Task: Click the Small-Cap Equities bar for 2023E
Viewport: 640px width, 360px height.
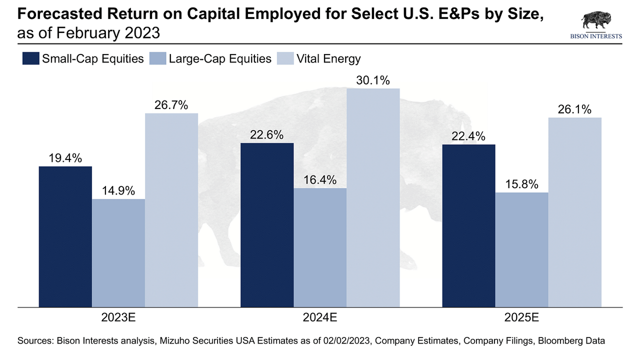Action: (65, 236)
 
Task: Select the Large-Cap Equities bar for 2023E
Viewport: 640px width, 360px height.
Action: (118, 252)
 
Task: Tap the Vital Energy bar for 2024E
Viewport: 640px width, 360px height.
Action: (373, 197)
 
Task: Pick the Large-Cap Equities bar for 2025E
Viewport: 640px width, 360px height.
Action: (521, 249)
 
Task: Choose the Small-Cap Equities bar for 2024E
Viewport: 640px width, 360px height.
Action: (267, 224)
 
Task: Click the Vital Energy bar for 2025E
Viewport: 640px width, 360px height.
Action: (574, 212)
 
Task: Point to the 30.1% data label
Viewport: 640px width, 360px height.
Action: (373, 80)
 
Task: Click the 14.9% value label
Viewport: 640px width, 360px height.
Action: (118, 190)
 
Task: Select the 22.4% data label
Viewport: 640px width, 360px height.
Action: (468, 136)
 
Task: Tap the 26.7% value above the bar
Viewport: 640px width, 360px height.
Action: (171, 105)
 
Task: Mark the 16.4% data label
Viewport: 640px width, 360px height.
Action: (320, 179)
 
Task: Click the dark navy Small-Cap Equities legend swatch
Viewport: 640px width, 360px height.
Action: (30, 58)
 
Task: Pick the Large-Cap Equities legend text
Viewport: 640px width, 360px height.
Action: (220, 58)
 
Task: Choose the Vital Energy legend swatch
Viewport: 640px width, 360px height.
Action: (284, 58)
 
